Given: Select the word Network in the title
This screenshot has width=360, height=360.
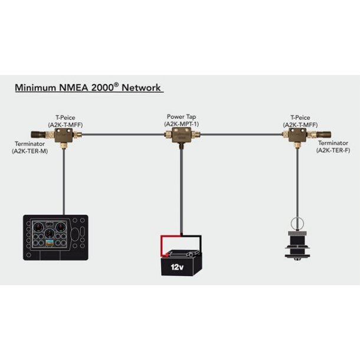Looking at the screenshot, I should [x=142, y=88].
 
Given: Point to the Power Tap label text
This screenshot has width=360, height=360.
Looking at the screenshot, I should [x=180, y=117].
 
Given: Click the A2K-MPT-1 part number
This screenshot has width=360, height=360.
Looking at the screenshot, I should [x=180, y=124].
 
